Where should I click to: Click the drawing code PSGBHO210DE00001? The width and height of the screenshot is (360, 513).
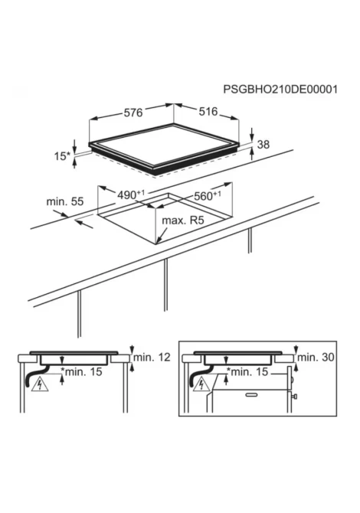pos(280,90)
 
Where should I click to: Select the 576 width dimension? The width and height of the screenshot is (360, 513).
pos(133,113)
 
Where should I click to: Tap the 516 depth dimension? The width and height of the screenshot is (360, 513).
pos(208,112)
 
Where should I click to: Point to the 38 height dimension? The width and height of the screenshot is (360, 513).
pos(263,144)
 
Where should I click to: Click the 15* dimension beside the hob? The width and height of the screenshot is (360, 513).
pos(62,156)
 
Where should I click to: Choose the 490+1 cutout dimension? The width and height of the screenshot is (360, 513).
pos(131,195)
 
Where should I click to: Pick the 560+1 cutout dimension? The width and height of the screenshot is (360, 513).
pos(208,196)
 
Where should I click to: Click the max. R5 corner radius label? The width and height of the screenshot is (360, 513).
pos(183,221)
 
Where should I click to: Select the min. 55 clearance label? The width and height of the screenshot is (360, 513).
pos(65,201)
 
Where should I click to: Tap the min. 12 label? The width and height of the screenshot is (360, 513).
pos(152,357)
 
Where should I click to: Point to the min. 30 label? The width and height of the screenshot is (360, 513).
pos(316,357)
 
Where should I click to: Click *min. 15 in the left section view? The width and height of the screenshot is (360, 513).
pos(81,371)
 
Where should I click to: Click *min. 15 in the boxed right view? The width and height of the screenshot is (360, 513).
pos(247,371)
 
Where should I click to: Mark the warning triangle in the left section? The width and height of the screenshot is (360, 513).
pos(40,384)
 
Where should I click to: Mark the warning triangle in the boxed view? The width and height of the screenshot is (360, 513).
pos(201,384)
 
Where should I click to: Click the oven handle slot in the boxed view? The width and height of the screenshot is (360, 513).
pos(251,395)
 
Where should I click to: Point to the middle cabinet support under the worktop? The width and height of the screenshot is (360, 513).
pos(166,284)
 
